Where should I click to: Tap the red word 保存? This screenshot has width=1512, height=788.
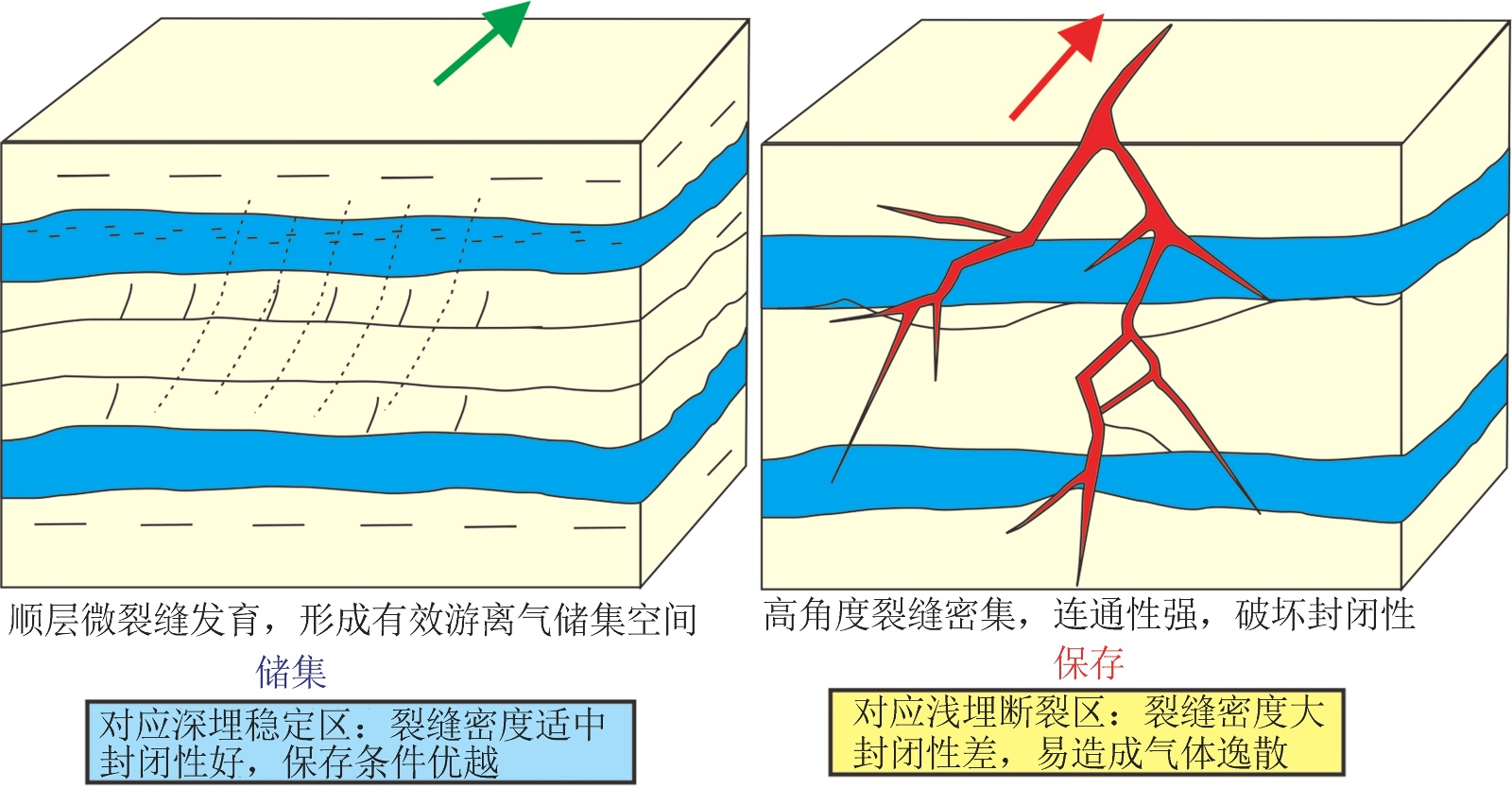point(1089,663)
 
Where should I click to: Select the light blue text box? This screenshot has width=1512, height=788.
point(360,743)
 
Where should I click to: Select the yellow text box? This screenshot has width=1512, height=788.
point(1087,733)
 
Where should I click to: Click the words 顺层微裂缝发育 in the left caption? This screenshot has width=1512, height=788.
point(132,621)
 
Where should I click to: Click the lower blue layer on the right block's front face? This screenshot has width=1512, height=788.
point(945,482)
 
